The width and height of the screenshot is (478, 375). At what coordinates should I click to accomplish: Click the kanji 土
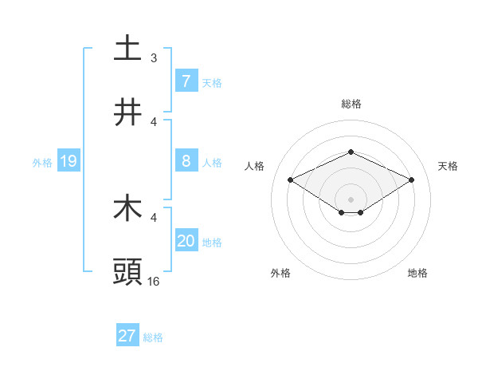127,48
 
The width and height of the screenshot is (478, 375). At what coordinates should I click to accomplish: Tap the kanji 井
127,112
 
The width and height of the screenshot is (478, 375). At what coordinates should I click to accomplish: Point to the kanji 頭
127,272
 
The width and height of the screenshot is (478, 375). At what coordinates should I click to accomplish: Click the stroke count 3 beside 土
154,58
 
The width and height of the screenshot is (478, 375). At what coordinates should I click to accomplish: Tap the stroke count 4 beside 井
154,122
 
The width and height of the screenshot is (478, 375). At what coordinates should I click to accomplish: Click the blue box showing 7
186,81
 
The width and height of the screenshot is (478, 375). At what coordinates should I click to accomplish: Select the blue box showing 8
186,161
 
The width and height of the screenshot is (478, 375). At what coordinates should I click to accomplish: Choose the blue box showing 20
186,241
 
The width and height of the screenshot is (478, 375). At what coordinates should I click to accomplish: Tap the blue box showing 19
68,162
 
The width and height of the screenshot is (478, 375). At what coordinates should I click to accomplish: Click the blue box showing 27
127,336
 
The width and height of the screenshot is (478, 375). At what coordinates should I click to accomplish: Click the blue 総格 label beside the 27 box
153,337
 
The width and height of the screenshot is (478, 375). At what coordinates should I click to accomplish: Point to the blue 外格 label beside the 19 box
42,163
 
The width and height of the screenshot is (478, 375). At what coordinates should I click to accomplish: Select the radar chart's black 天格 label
449,166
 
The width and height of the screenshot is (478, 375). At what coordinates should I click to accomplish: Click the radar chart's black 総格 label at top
351,104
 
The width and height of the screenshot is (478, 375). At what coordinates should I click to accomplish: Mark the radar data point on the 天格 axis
412,180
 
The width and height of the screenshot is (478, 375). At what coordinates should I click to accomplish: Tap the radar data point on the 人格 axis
290,180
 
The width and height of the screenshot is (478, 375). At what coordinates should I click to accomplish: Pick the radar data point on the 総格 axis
351,152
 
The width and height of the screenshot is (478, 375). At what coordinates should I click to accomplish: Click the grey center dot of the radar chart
351,199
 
